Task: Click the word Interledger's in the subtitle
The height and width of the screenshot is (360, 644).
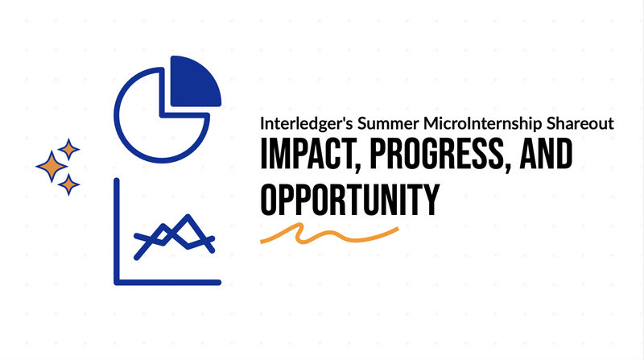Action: pyautogui.click(x=306, y=124)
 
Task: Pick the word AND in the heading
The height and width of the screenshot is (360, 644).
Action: pyautogui.click(x=546, y=154)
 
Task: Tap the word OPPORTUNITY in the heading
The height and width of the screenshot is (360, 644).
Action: pyautogui.click(x=350, y=200)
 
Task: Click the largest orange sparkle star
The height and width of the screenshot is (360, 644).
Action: pyautogui.click(x=52, y=167)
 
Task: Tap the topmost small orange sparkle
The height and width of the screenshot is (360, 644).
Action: pyautogui.click(x=68, y=149)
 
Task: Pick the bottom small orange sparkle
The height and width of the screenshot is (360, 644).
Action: pyautogui.click(x=68, y=184)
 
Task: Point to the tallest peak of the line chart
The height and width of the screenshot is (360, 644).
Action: pyautogui.click(x=188, y=216)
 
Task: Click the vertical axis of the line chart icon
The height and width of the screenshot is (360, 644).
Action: pyautogui.click(x=117, y=231)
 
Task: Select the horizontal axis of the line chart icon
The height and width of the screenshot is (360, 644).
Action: pyautogui.click(x=167, y=283)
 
